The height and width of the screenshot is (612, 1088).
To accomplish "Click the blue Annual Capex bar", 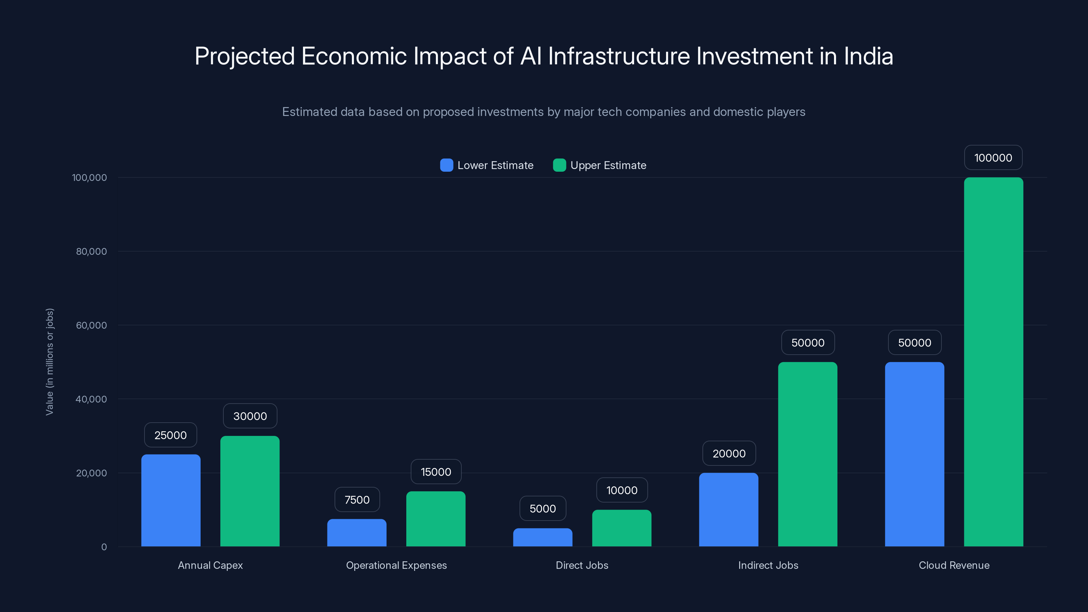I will (x=171, y=500).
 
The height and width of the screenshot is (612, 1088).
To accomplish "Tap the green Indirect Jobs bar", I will (x=808, y=454).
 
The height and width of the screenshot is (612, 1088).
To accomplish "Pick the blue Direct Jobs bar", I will (x=543, y=537).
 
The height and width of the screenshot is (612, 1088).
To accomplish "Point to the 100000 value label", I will (x=993, y=157).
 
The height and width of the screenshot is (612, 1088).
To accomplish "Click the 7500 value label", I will (x=357, y=500).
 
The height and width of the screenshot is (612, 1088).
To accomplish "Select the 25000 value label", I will (x=170, y=435).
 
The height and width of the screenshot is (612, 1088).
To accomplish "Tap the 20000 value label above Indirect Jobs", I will (x=729, y=453).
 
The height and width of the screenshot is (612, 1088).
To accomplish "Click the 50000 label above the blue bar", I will (x=914, y=342).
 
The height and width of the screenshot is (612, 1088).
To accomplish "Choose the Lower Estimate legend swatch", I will (x=446, y=165).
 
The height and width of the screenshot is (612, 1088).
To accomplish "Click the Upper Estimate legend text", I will (x=608, y=165).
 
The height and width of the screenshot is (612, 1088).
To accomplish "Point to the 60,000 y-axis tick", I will (x=91, y=325).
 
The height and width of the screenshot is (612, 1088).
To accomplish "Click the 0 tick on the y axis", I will (x=104, y=547).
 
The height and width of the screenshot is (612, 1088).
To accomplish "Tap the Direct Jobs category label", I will (x=582, y=565).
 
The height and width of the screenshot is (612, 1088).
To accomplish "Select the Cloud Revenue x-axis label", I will (x=954, y=565).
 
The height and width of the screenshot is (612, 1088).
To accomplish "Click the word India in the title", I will (x=868, y=56).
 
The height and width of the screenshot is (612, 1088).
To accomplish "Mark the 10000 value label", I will (x=622, y=490).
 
